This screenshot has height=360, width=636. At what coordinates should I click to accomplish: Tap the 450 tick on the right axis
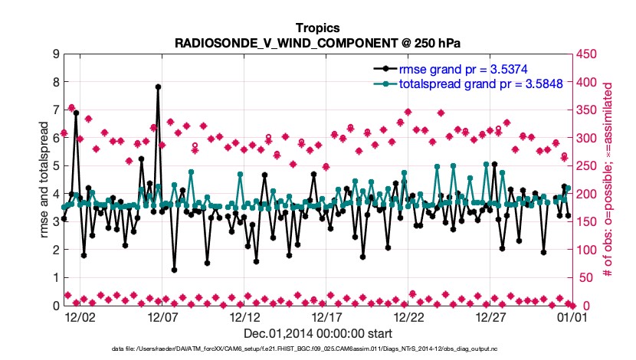587,54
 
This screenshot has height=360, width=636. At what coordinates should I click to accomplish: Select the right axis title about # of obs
609,180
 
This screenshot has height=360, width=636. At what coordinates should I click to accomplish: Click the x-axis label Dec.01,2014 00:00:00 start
318,334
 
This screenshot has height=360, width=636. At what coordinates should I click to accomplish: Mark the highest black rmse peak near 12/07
158,87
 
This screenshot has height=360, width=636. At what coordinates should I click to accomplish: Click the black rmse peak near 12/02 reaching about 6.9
76,113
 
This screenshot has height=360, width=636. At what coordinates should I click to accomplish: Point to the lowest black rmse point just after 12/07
175,270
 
